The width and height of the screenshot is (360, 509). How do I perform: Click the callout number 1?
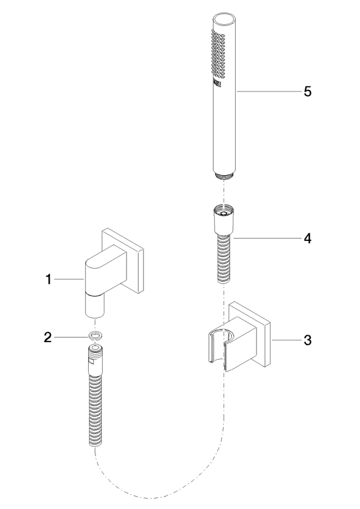49,279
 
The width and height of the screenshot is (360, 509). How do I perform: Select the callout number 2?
48,338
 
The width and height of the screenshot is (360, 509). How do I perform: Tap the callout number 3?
307,340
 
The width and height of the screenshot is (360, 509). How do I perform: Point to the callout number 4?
307,239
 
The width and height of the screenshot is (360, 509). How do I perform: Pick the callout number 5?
307,92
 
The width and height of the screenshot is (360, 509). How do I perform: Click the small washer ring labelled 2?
95,337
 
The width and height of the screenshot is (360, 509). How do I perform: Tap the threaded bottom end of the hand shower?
224,176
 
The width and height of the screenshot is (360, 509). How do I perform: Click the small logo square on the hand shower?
217,84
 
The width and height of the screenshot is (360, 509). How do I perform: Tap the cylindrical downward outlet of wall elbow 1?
95,304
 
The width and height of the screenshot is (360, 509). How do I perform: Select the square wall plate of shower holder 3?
249,334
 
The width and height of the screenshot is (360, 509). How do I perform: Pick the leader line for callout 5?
268,92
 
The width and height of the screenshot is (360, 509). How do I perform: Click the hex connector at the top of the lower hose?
95,360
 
